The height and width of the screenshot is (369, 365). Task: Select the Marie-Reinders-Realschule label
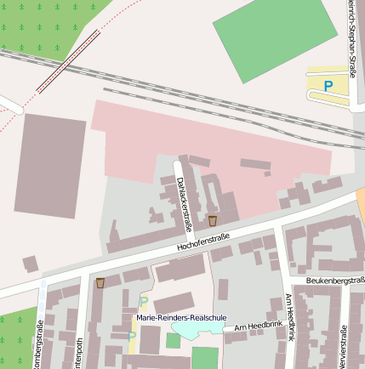pyautogui.click(x=181, y=318)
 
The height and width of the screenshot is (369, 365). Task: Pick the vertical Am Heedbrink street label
pyautogui.click(x=289, y=315)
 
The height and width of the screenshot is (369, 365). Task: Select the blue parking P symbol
pyautogui.click(x=328, y=85)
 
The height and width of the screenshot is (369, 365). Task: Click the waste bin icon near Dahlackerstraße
pyautogui.click(x=212, y=221)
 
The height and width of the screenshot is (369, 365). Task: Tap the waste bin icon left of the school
pyautogui.click(x=100, y=282)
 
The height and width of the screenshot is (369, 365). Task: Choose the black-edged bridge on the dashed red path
pyautogui.click(x=67, y=62)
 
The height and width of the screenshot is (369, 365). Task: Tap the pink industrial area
pyautogui.click(x=213, y=140)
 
